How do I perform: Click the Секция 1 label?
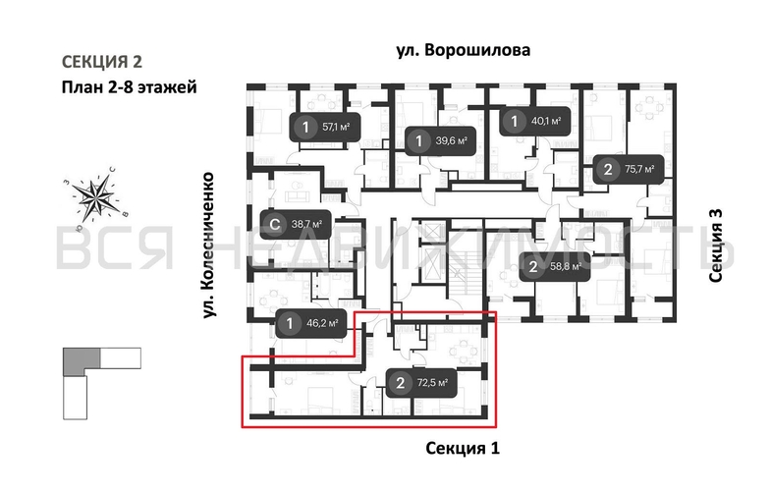point(464,449)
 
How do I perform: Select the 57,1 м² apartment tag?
point(322,127)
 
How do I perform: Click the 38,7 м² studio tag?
point(290,224)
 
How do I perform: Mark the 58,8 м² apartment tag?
point(552,266)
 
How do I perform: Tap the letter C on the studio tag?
point(276,224)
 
